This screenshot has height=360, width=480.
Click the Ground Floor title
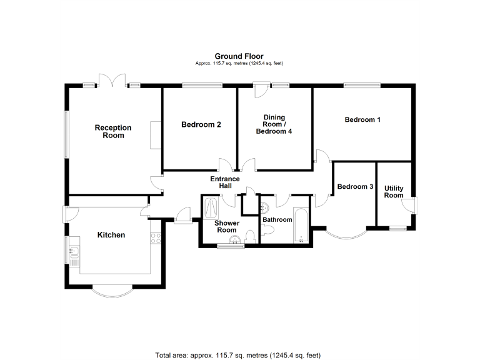[239, 56]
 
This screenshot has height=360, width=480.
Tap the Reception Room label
[113, 132]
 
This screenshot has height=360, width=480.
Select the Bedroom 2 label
[201, 124]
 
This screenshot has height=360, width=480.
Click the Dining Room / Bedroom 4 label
[274, 124]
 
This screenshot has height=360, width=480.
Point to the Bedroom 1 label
[362, 120]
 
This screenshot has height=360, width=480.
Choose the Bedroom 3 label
[355, 186]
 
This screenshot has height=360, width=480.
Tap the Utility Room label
[394, 192]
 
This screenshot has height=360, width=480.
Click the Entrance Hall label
[225, 182]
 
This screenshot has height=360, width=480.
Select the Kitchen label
[111, 235]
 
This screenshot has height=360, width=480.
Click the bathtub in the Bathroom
[301, 225]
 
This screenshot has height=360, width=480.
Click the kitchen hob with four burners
[156, 238]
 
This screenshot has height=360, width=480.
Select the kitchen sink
[74, 252]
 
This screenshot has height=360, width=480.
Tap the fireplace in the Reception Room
[156, 135]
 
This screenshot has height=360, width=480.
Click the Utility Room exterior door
[410, 205]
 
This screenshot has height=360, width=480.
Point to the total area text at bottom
[238, 356]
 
